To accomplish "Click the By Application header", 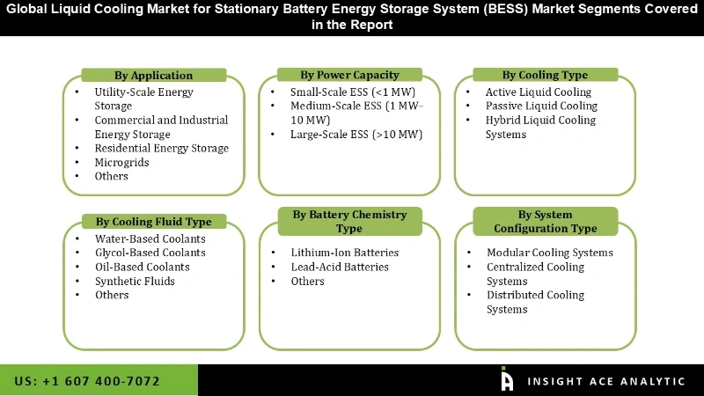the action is pos(153,75).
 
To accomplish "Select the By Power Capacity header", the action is pos(350,75).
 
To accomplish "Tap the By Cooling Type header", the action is pos(545,75).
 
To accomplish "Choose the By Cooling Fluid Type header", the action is pos(153,221).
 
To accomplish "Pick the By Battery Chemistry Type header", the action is pos(349,221).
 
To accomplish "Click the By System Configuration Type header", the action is pos(545,221).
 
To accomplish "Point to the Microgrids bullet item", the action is pos(121,162).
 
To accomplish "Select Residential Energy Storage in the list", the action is pos(161,148).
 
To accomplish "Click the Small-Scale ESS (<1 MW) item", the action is pos(353,92).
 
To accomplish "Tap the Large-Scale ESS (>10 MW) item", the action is pos(356,135).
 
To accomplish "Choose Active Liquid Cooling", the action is pos(538,92).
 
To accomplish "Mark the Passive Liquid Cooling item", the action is pos(541,106).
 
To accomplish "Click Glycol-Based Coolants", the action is pos(150,253).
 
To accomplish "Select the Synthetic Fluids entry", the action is pos(135,281).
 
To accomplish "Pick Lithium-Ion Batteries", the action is pos(344,253).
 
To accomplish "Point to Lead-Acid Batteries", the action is pos(340,267).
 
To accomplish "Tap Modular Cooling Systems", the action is pos(549,253).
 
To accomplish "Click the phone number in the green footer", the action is pos(87,381).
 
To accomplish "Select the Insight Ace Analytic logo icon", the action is pos(507,379).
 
